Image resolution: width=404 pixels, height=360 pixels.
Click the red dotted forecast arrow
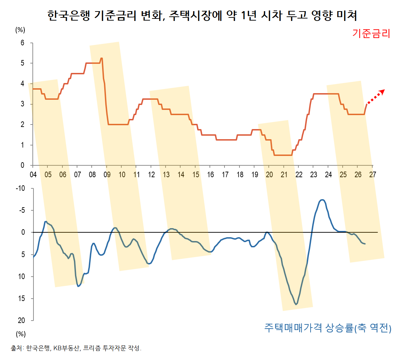[376, 97]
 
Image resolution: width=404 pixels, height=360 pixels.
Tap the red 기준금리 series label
[371, 33]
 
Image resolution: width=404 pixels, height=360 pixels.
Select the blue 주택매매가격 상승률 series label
[328, 328]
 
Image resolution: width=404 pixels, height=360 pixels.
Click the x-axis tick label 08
[92, 175]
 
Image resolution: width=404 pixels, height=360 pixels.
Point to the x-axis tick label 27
[373, 175]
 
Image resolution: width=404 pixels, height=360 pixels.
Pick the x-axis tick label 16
[211, 175]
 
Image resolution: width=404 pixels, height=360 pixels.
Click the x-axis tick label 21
[284, 175]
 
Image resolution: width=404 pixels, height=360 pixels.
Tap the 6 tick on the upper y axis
[22, 43]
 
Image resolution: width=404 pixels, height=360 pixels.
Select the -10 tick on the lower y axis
[20, 188]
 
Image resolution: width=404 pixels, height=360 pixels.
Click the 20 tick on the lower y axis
[21, 320]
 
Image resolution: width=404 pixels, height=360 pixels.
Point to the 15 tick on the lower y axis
[21, 298]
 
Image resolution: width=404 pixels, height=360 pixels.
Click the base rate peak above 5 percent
[101, 58]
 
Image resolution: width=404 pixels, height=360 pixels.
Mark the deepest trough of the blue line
[296, 304]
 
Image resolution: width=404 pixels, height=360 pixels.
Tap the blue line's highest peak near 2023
[322, 200]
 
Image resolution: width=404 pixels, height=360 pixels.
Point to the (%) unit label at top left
[20, 30]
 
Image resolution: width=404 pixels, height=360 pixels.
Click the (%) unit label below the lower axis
[21, 334]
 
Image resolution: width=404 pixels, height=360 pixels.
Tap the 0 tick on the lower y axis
[23, 232]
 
